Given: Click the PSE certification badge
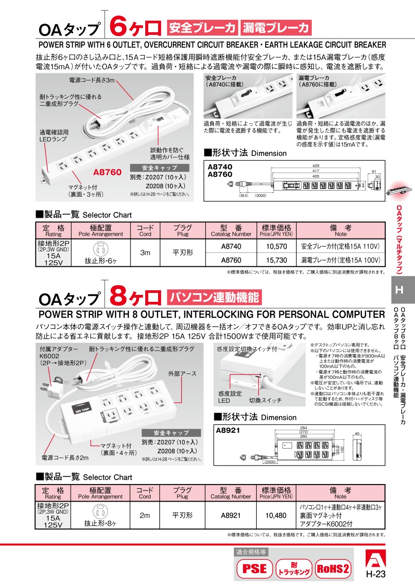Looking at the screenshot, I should point(254,568).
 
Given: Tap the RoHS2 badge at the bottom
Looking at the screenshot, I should point(332,568).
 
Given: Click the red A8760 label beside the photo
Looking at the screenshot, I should point(107,172).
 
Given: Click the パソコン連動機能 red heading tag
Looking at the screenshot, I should point(214,297).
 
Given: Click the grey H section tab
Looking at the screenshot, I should point(399,290).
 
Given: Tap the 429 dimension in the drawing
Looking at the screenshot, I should point(315,166).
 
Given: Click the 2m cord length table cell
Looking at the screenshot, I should point(145,515).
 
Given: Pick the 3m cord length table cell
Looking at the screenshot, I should point(145,253).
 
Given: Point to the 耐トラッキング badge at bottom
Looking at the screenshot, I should point(294,569).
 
